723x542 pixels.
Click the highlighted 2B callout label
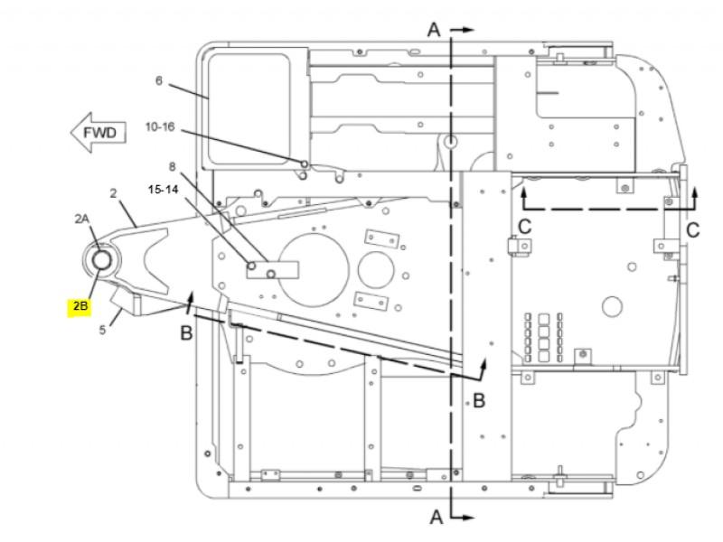click(x=80, y=305)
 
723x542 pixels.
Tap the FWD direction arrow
click(x=99, y=133)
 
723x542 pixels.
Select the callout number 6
click(x=159, y=80)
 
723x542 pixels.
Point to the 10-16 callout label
click(x=160, y=126)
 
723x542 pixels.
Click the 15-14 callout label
click(x=163, y=190)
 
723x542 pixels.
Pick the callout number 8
click(x=173, y=166)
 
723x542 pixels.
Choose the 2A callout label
click(x=82, y=219)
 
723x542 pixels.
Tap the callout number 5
click(x=102, y=330)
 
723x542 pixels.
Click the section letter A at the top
click(x=435, y=30)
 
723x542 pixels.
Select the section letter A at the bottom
click(x=437, y=517)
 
